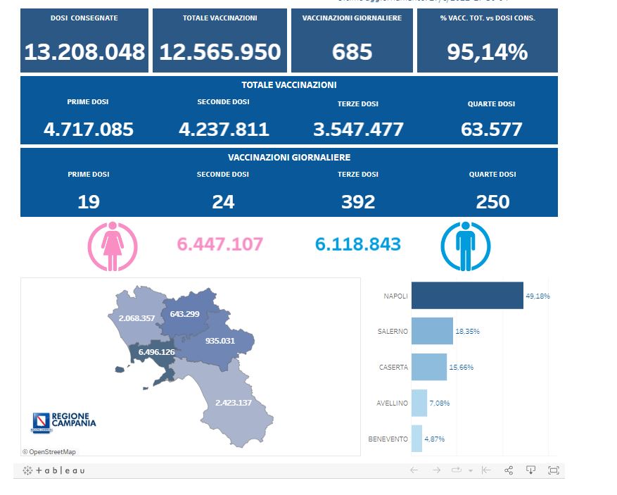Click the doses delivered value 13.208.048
pos(84,51)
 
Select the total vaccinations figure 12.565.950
pos(220,51)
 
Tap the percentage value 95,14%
pos(487,51)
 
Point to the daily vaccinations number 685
pos(352,51)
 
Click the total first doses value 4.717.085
pos(88,130)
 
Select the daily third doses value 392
pos(358,202)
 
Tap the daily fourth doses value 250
pos(492,202)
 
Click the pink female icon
pos(112,246)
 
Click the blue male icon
pos(465,246)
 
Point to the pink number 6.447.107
pos(220,244)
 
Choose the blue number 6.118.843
pos(358,244)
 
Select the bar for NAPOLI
pos(466,296)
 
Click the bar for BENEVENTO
pos(416,439)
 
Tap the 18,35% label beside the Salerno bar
pos(469,331)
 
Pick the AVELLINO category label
pos(392,403)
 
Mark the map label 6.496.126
pos(156,352)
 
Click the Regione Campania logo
pos(64,422)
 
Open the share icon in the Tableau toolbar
pos(509,470)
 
